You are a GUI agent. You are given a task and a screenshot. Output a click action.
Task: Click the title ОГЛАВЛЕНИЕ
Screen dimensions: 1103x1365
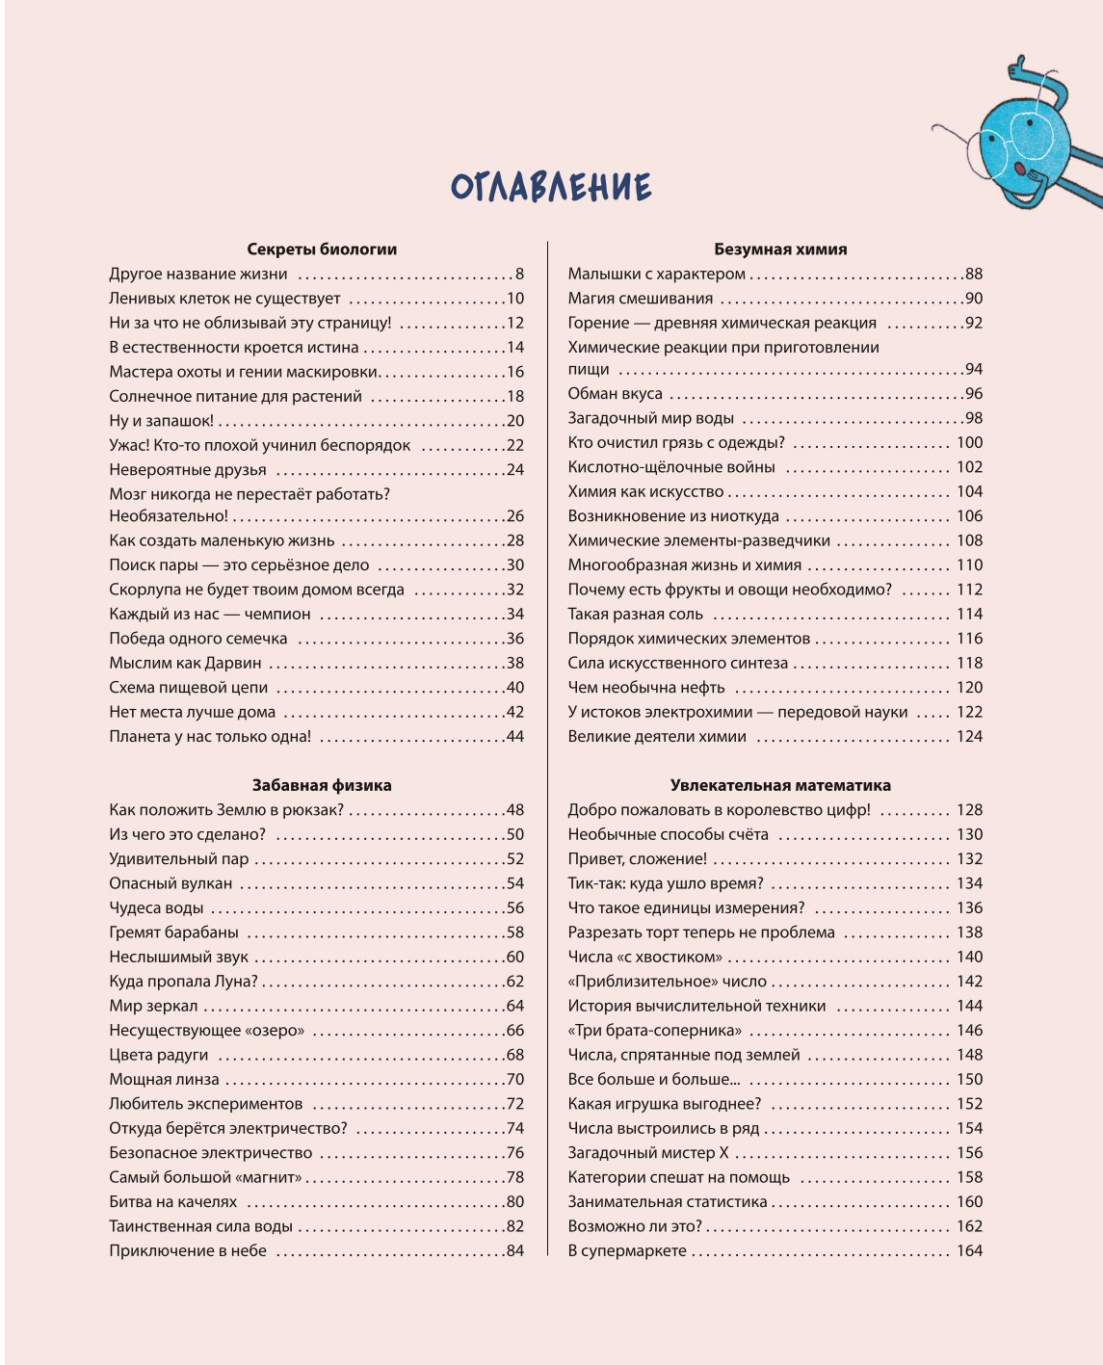point(551,187)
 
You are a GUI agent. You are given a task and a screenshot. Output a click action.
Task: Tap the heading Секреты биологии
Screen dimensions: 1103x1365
point(322,249)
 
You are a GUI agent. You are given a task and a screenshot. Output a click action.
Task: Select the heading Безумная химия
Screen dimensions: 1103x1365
point(780,249)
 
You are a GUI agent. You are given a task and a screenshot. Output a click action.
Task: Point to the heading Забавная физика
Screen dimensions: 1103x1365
point(322,785)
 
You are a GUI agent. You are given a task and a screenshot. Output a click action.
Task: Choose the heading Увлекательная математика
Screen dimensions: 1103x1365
point(780,785)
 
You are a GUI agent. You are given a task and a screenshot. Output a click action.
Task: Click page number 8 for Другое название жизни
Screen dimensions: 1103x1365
point(519,275)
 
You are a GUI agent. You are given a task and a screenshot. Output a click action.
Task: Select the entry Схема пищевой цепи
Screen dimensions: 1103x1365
point(189,688)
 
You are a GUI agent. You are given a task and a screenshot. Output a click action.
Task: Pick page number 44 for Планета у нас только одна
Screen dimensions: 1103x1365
point(514,737)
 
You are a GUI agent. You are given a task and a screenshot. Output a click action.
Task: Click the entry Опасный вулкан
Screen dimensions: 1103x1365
point(171,883)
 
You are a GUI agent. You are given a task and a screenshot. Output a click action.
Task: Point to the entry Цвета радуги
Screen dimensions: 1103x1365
point(159,1055)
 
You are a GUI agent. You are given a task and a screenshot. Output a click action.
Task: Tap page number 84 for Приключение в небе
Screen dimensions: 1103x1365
point(514,1251)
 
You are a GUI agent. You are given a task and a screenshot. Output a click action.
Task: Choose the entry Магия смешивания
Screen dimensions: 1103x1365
point(641,299)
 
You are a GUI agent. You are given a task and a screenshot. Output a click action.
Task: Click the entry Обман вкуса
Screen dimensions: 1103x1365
point(615,394)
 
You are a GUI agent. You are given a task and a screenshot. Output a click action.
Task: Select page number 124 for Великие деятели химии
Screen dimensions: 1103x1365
point(969,737)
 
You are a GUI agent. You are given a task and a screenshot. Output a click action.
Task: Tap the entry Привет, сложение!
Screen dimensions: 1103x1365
point(637,859)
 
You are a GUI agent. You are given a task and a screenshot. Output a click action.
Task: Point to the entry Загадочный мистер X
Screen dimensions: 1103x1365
point(648,1153)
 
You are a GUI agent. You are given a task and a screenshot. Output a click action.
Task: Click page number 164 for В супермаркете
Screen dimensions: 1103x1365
point(969,1251)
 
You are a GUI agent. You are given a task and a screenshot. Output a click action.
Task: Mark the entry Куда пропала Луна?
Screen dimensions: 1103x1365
point(183,982)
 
